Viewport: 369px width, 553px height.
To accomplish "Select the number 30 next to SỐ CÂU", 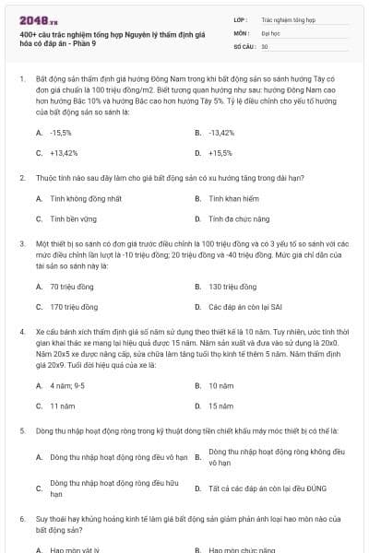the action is (265, 45).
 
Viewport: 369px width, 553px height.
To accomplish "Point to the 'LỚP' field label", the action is (241, 18).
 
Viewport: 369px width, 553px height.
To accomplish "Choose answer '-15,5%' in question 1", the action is (61, 133).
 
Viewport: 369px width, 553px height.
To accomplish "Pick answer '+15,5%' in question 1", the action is (220, 153).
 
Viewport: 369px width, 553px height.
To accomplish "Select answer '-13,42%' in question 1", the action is (221, 133).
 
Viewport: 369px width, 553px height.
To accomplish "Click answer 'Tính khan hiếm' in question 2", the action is (229, 198).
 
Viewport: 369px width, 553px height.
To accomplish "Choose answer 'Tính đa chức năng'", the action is (233, 219).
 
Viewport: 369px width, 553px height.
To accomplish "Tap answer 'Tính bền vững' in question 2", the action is (71, 219).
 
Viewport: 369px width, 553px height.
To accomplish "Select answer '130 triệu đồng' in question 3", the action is (232, 286).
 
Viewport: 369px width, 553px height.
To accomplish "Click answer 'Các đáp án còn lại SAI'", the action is (242, 307).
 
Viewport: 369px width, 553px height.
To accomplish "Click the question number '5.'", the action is (21, 430).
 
